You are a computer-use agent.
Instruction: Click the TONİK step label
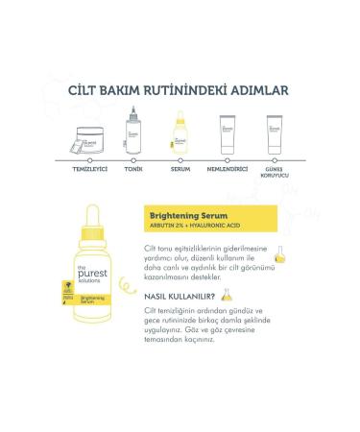[134, 170]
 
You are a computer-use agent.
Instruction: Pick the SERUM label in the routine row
[180, 170]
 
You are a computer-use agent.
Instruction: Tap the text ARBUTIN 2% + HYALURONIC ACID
[195, 227]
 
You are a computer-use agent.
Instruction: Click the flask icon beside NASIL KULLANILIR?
[228, 295]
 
